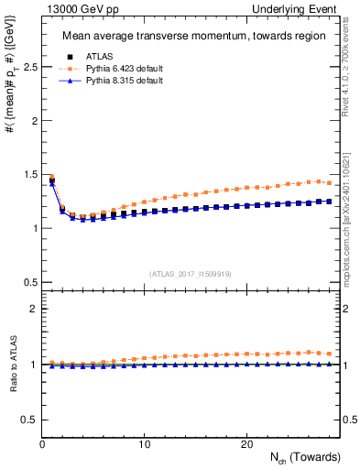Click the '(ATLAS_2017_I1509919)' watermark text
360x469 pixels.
[191, 273]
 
